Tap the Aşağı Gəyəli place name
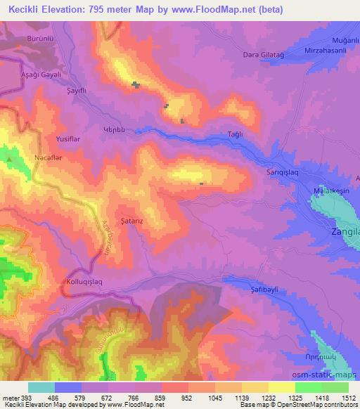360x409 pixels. [27, 74]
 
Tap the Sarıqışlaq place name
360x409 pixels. [264, 171]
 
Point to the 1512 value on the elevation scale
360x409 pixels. [348, 398]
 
